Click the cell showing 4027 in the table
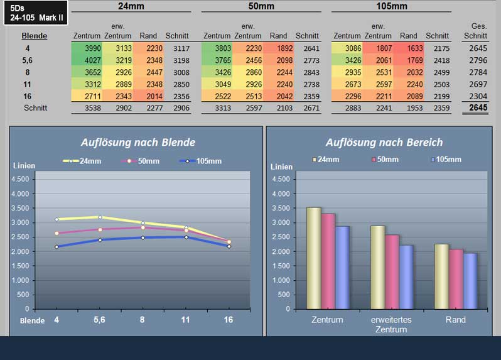click(x=87, y=60)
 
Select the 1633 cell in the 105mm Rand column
click(x=409, y=48)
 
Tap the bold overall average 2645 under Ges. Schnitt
click(x=478, y=107)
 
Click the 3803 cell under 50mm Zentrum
click(x=217, y=48)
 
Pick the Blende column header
click(x=34, y=36)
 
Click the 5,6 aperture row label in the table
click(x=28, y=60)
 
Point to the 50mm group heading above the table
click(x=261, y=6)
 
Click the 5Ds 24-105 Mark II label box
click(x=36, y=13)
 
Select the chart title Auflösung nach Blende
click(x=138, y=142)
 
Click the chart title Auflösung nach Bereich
click(x=384, y=142)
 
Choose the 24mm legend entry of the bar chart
click(x=326, y=159)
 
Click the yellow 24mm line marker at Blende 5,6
click(x=100, y=217)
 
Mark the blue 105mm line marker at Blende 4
click(x=57, y=247)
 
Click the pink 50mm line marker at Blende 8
click(x=143, y=227)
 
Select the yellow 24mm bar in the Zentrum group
click(x=314, y=258)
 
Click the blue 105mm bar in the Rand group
click(x=470, y=281)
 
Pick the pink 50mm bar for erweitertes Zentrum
click(x=392, y=272)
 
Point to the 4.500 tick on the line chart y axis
click(x=20, y=179)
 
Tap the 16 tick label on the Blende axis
click(x=228, y=320)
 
